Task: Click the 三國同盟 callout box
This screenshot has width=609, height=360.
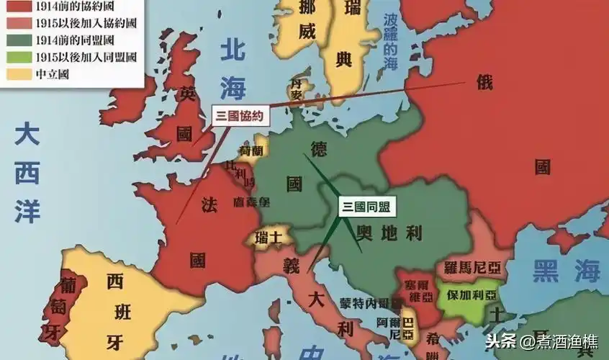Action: (366, 207)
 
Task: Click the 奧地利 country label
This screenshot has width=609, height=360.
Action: (389, 233)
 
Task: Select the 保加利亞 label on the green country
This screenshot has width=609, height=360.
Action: (472, 295)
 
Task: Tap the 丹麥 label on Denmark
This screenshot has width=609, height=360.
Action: (297, 88)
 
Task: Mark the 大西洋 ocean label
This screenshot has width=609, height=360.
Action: (28, 172)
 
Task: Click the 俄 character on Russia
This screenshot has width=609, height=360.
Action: (485, 82)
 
